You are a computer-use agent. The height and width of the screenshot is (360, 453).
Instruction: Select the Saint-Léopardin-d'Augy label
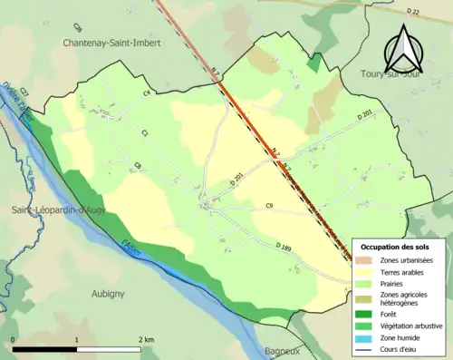tap(55, 211)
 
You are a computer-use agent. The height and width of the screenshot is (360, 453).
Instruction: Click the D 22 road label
tap(414, 11)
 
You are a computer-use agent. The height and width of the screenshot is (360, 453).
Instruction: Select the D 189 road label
tap(284, 246)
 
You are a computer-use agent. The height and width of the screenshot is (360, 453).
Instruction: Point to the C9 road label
tap(269, 207)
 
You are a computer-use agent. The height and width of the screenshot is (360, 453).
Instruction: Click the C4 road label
tap(145, 92)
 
